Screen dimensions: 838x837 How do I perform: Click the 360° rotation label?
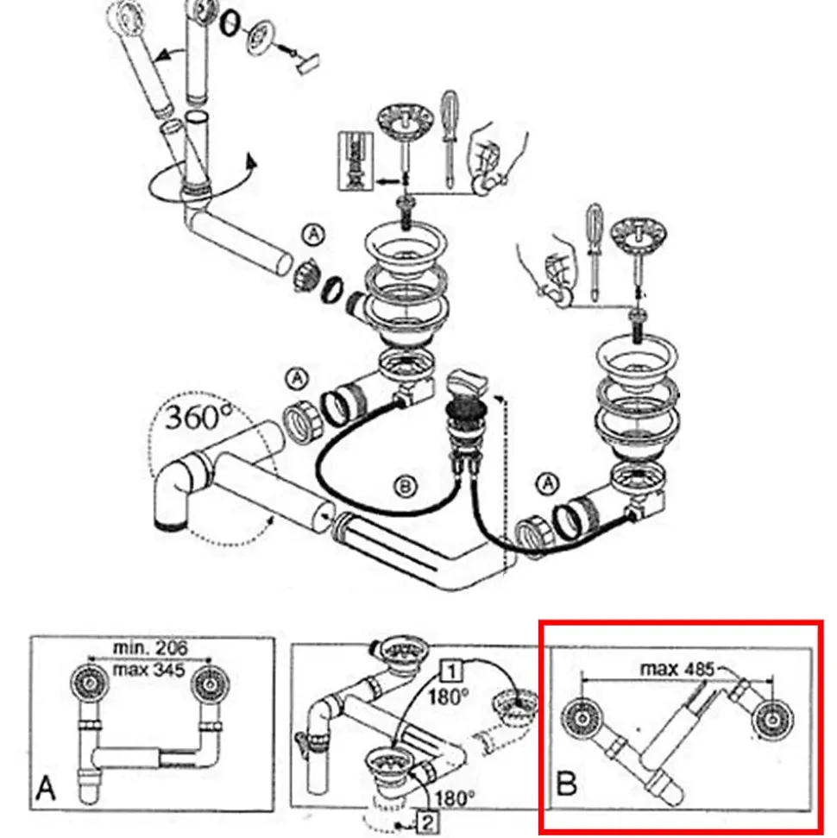click(x=196, y=418)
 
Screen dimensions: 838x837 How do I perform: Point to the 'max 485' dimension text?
click(x=676, y=668)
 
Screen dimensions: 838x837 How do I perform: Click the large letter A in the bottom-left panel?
click(x=46, y=788)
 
